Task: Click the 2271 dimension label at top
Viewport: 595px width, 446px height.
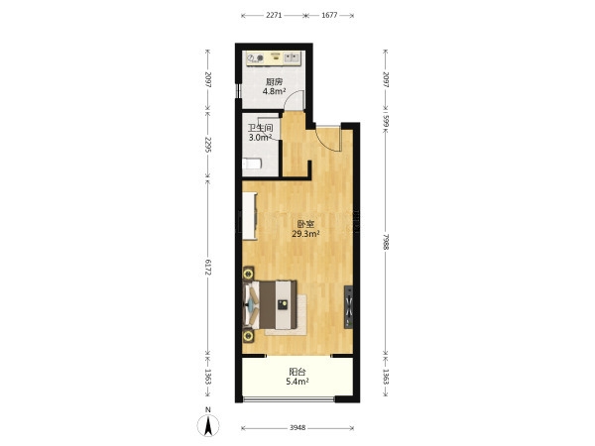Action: coord(274,15)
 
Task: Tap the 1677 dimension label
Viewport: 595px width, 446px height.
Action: coord(329,15)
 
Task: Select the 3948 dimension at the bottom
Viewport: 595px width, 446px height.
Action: coord(297,428)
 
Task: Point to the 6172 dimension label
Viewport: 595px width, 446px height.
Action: coord(207,268)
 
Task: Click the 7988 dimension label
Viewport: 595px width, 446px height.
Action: coord(386,242)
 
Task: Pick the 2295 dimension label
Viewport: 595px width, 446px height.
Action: coord(207,145)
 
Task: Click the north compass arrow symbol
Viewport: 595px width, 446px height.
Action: coord(208,425)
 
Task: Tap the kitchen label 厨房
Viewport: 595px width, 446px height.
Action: coord(274,82)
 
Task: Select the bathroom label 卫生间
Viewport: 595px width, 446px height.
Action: coord(260,128)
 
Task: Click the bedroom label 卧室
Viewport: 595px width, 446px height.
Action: coord(305,225)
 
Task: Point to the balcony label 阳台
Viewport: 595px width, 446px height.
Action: coord(297,372)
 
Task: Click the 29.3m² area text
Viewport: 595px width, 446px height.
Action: coord(305,234)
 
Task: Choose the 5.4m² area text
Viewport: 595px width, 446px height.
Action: coord(297,382)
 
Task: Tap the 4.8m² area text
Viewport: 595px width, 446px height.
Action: coord(274,91)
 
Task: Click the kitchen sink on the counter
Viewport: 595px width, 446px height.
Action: coord(292,57)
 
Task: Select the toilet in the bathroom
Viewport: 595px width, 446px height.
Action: coord(252,165)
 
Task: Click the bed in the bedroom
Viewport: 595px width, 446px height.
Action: coord(270,304)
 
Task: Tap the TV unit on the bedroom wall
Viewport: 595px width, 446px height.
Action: coord(349,307)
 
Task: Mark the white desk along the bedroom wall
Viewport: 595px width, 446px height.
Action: coord(250,216)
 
